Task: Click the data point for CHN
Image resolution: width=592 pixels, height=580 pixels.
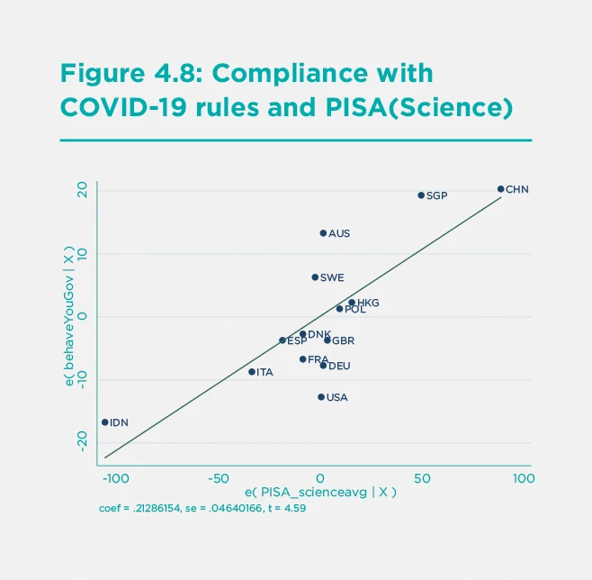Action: [501, 189]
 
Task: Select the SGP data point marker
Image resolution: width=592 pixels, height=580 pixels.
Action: [421, 195]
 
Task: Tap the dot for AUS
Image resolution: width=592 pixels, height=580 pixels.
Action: [323, 233]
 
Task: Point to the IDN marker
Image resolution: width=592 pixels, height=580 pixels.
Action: [105, 422]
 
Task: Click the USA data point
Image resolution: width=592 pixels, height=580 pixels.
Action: [321, 397]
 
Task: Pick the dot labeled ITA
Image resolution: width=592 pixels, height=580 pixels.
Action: [252, 372]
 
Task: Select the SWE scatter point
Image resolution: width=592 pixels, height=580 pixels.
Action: [315, 277]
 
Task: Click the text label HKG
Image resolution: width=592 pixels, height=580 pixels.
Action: [368, 304]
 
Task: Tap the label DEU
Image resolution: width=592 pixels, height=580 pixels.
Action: [339, 367]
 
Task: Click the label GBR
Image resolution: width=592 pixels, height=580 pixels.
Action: [343, 341]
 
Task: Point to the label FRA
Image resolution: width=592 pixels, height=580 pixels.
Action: [318, 359]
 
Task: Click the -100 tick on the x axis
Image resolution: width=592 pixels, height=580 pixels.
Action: [114, 477]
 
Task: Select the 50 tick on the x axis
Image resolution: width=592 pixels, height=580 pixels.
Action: [421, 477]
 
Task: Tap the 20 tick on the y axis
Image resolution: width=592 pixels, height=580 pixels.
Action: [81, 190]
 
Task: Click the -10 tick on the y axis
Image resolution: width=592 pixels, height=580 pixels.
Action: [81, 380]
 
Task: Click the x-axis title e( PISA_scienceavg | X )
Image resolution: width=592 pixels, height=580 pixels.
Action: [320, 494]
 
